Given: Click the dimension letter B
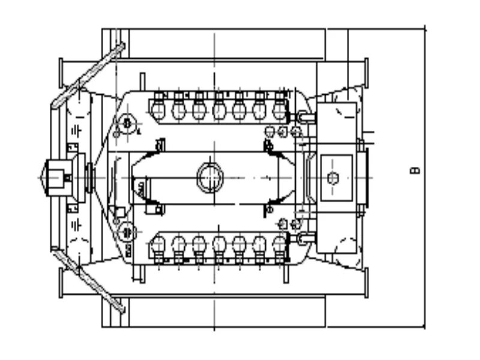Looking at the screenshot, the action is click(x=415, y=171).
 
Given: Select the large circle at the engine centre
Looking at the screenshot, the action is click(x=210, y=178).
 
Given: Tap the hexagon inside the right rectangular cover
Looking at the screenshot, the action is click(x=333, y=178).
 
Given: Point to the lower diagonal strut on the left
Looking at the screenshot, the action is click(x=89, y=281).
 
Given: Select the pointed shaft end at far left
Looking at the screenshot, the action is click(x=44, y=178).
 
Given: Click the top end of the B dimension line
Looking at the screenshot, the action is click(x=424, y=28).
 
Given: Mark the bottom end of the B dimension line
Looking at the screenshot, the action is click(x=424, y=328).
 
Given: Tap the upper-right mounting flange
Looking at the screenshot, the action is click(x=366, y=72).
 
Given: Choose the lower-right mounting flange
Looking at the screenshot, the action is click(x=366, y=283).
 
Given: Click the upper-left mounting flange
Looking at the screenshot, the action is click(x=60, y=72).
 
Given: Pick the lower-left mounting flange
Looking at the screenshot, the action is click(x=60, y=283).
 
